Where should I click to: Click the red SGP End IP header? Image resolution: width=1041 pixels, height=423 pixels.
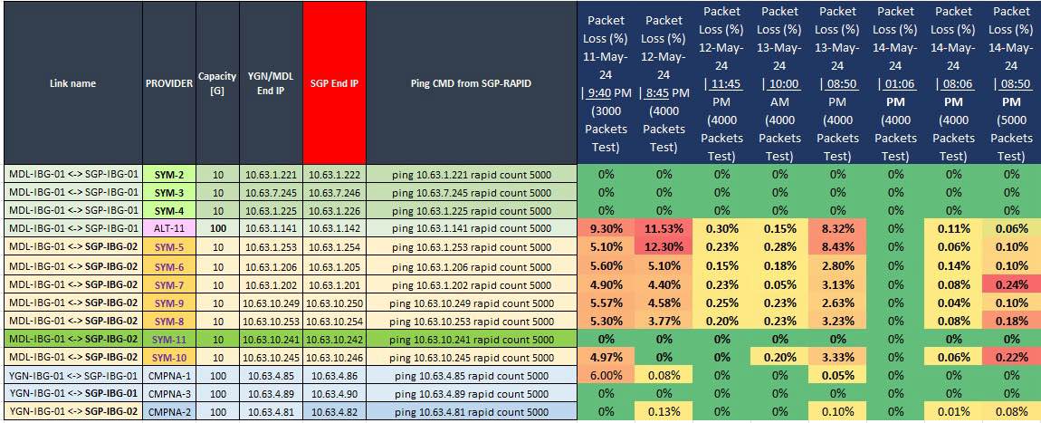click(x=334, y=83)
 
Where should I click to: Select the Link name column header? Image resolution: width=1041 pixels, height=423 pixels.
click(x=72, y=83)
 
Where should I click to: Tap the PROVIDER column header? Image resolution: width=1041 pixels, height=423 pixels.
click(x=169, y=83)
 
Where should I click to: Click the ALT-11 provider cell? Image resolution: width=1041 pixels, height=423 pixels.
click(x=169, y=229)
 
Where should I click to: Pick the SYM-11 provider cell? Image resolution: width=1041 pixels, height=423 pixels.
click(x=169, y=340)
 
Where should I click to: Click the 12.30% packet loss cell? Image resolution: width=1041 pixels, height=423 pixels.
click(x=664, y=247)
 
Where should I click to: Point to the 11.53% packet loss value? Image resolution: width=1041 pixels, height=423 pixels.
click(x=664, y=229)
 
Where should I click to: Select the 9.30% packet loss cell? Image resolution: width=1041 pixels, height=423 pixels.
click(x=606, y=229)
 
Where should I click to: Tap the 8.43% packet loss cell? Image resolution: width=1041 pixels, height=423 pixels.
click(x=837, y=247)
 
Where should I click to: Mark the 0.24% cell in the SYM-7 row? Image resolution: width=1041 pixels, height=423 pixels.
click(x=1011, y=284)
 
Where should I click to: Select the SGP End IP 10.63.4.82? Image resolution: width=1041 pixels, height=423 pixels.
click(x=334, y=413)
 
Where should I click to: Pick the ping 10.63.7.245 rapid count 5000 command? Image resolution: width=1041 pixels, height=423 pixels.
click(x=472, y=193)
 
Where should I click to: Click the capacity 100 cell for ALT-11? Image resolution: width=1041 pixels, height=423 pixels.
click(x=217, y=229)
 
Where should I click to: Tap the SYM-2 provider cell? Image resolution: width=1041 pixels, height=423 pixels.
click(x=169, y=174)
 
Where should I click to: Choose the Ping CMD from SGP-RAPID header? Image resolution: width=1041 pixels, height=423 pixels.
click(x=472, y=83)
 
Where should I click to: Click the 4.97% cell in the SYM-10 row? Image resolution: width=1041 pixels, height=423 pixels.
click(x=606, y=358)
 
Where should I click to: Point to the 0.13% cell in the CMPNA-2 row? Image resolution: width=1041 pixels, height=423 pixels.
click(x=664, y=413)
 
